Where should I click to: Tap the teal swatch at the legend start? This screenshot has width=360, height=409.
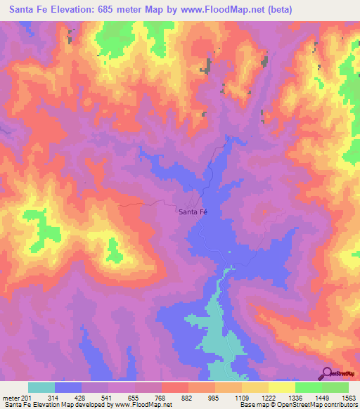point(41,388)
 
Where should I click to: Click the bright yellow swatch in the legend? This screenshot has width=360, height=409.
point(282,388)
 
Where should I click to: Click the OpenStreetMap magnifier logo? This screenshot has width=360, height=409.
point(328,372)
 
